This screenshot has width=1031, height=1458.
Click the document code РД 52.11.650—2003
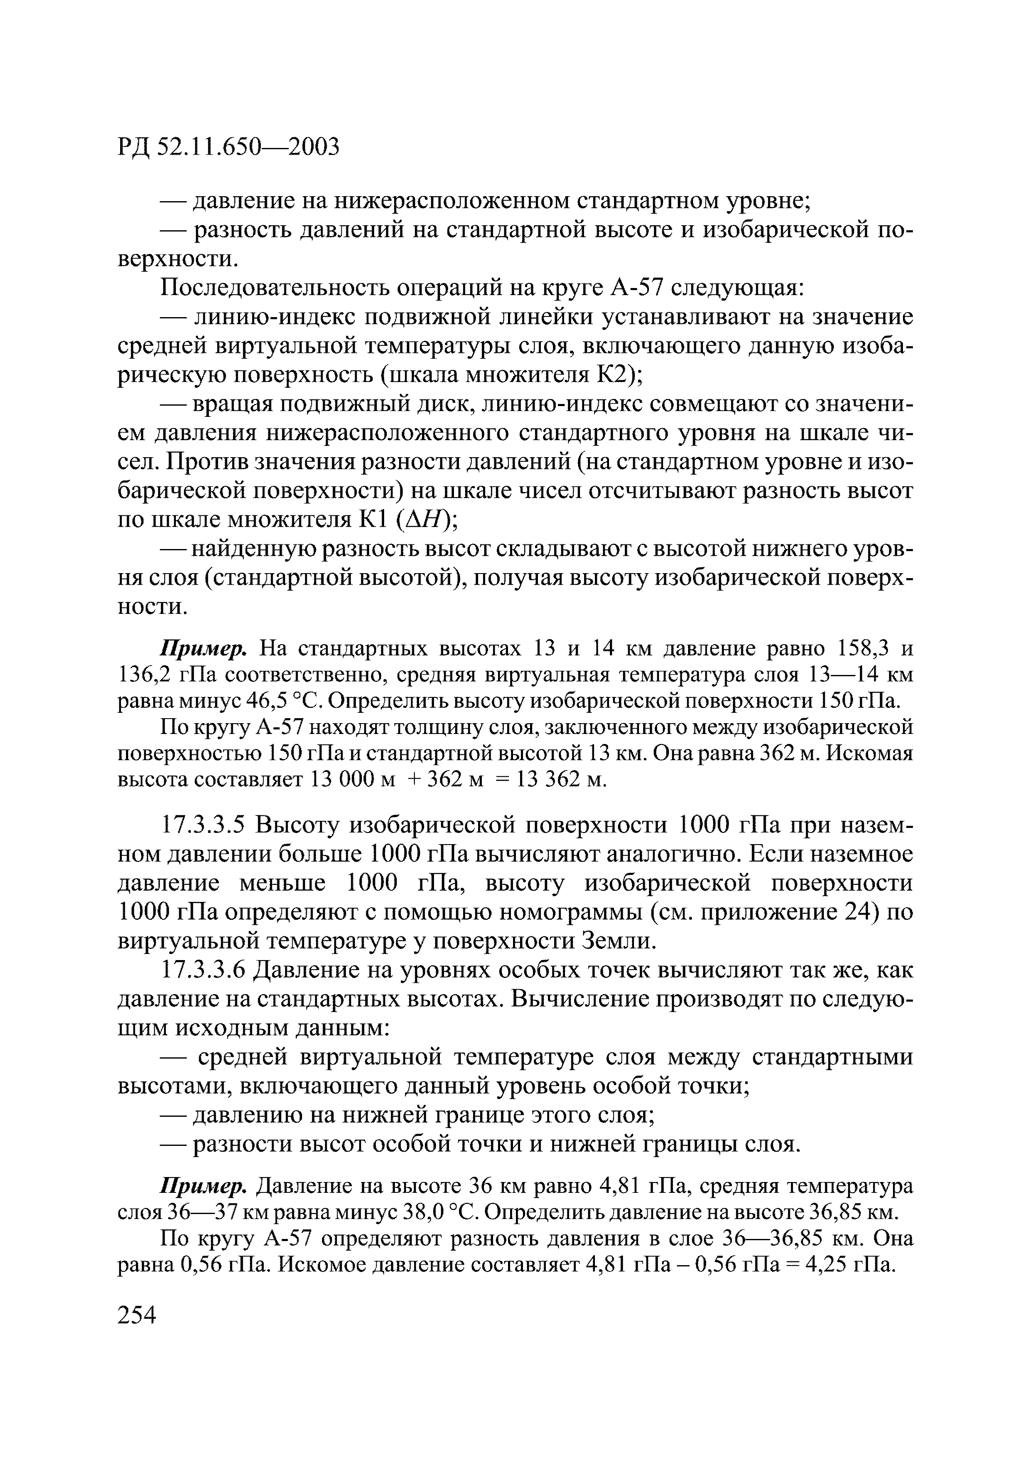[229, 147]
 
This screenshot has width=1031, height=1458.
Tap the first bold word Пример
[203, 648]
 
